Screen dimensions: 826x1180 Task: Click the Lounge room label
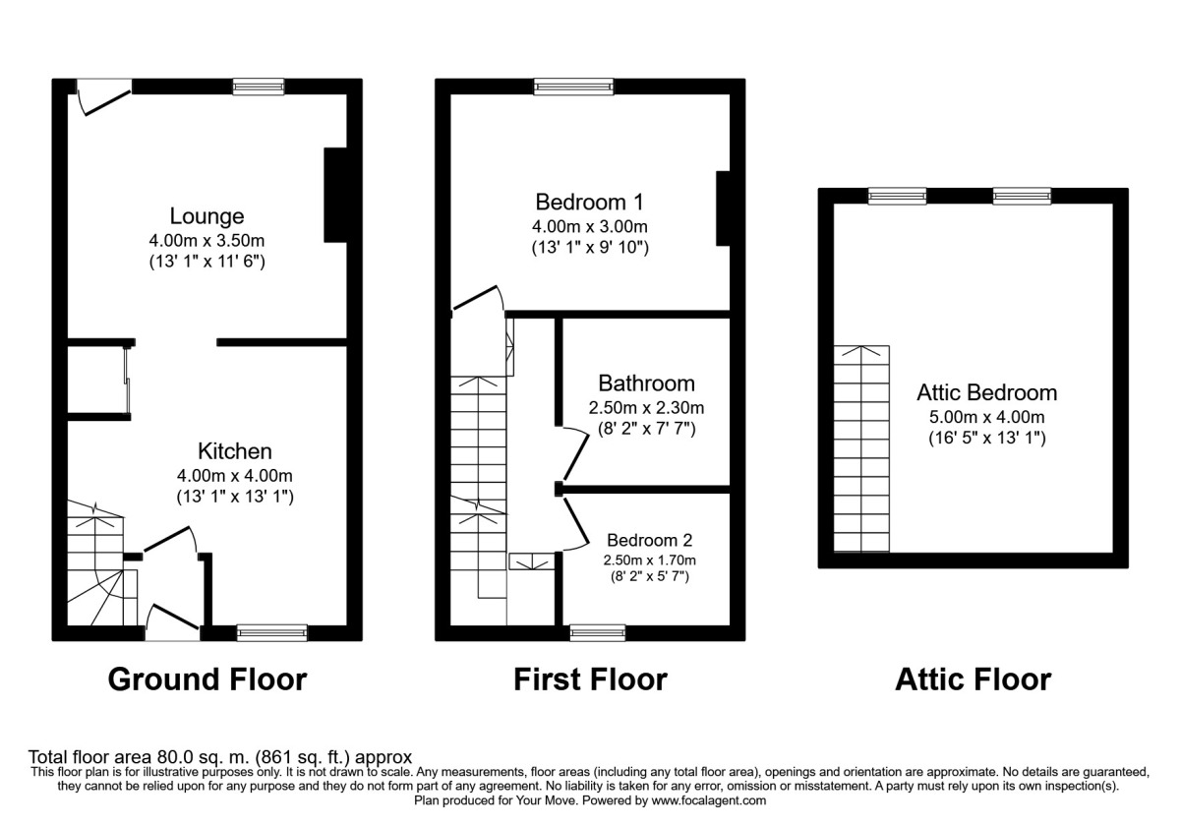(206, 215)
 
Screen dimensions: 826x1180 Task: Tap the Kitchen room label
(235, 451)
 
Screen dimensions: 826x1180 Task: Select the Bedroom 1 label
(589, 203)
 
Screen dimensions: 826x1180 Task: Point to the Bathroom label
(646, 383)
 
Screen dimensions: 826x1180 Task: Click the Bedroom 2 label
(649, 540)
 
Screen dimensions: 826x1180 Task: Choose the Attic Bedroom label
(986, 392)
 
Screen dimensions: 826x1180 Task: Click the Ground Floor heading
(206, 678)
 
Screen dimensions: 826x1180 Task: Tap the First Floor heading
(590, 678)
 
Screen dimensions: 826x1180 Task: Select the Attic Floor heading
(973, 678)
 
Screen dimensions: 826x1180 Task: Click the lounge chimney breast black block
(335, 195)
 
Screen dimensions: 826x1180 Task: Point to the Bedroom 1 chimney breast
(723, 208)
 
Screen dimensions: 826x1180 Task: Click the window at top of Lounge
(259, 87)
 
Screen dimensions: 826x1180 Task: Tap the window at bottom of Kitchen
(272, 632)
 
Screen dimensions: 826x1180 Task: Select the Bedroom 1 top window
(573, 87)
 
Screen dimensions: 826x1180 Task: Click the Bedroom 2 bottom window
(598, 632)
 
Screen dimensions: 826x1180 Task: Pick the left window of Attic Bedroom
(897, 196)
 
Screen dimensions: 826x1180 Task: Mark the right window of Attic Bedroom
(1022, 196)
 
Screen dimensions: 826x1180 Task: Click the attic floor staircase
(861, 448)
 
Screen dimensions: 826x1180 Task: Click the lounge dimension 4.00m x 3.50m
(206, 239)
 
